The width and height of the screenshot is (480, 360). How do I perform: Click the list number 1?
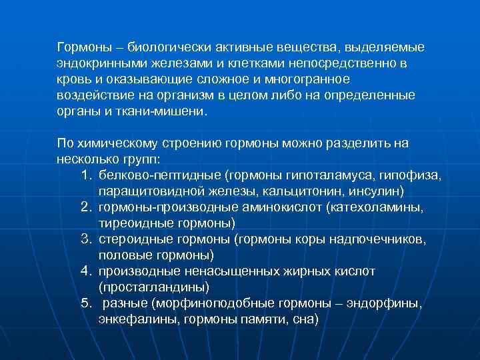(x=85, y=175)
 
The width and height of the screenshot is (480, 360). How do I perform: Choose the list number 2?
(x=85, y=207)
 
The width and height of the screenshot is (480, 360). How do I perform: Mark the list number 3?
(x=85, y=239)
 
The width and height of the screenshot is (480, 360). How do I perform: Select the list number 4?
(x=85, y=271)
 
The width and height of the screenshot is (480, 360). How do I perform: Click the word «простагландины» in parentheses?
(x=154, y=287)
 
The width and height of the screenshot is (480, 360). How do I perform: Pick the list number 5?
(x=85, y=303)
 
